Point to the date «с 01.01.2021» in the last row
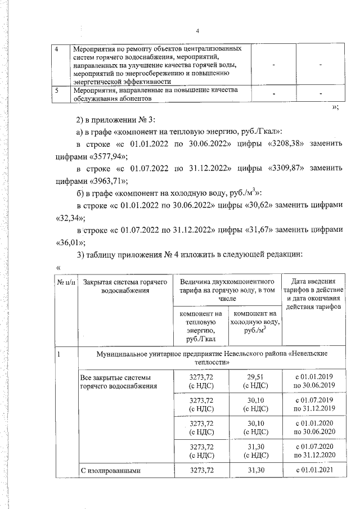[315, 470]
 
